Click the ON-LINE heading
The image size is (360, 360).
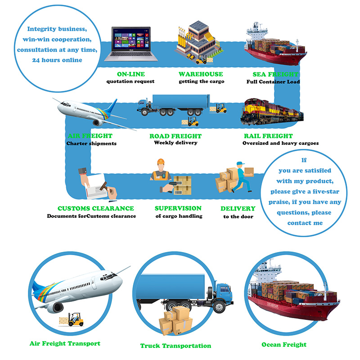pos(130,74)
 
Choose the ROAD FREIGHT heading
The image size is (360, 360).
pos(175,136)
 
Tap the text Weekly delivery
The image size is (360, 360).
pos(175,143)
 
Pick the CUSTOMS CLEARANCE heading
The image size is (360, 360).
pos(96,208)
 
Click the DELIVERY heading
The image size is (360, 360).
pos(238,208)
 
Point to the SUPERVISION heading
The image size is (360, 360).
pos(178,208)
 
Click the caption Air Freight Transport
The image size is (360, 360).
pos(65,343)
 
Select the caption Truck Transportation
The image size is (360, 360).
pos(175,346)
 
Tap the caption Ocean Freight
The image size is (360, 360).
pos(284,345)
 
